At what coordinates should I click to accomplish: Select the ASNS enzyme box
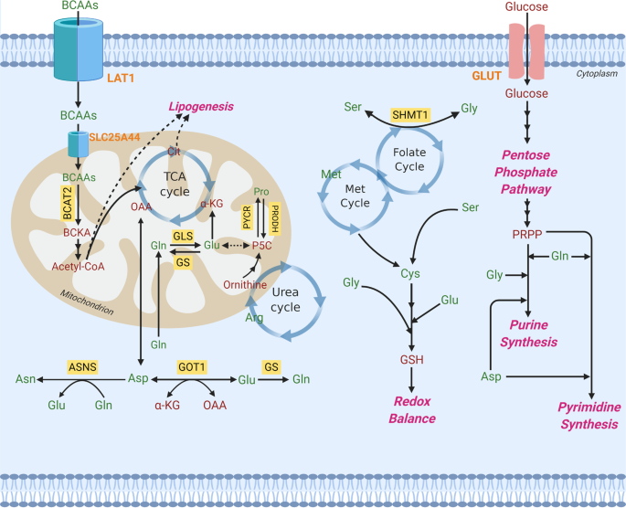82,365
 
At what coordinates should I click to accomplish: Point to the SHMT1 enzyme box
409,114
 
